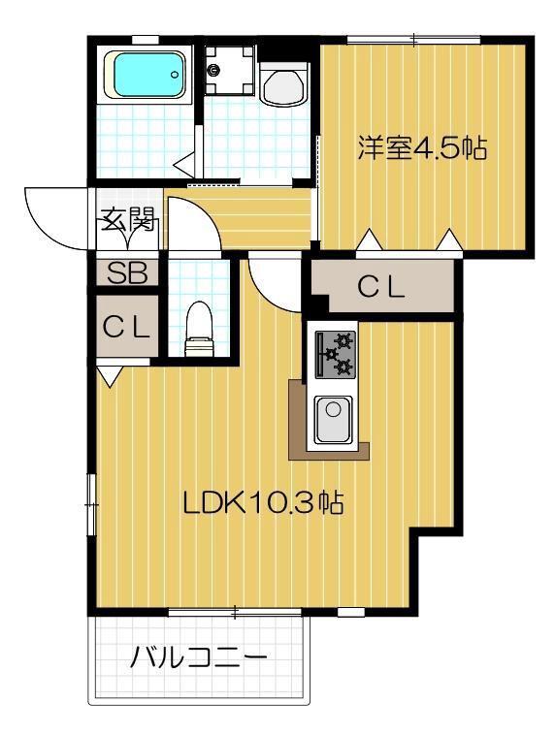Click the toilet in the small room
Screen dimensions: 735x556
[199, 328]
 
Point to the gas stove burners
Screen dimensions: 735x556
[335, 354]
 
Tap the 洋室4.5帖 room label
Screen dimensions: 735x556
[422, 150]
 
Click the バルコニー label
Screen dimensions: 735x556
[198, 659]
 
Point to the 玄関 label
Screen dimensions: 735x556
[127, 221]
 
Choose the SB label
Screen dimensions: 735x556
[127, 273]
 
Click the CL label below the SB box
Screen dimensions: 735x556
[127, 327]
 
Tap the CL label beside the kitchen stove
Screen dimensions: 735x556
[381, 287]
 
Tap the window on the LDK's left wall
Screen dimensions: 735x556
[91, 503]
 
